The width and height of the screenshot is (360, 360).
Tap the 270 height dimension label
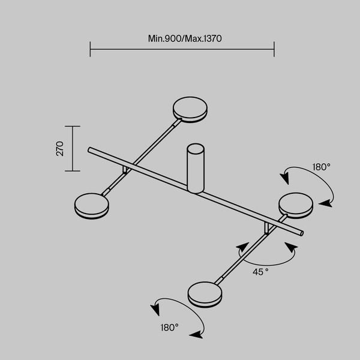(x=60, y=149)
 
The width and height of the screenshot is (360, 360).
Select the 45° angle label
(x=260, y=272)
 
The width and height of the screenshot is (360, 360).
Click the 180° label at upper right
(x=321, y=167)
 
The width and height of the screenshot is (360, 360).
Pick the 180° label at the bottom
(x=169, y=328)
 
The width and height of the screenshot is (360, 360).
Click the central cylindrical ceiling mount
(x=196, y=168)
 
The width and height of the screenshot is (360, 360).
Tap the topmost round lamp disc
(x=191, y=109)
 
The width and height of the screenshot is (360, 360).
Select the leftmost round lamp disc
(x=91, y=206)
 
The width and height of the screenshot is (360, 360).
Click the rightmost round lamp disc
(x=296, y=205)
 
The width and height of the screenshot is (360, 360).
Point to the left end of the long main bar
(x=89, y=149)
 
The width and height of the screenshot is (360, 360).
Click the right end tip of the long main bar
(x=302, y=233)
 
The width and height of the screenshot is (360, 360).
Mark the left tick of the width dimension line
(x=90, y=49)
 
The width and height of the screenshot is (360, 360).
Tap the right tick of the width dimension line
(x=274, y=49)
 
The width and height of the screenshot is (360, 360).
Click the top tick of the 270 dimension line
(x=72, y=127)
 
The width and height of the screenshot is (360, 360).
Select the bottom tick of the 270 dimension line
(x=72, y=170)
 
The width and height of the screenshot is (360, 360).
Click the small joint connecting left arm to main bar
(x=125, y=170)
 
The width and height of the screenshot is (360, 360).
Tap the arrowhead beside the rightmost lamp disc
(x=325, y=204)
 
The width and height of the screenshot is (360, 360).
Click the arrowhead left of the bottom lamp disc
(x=155, y=310)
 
